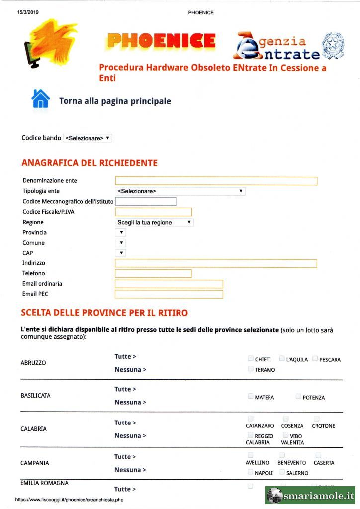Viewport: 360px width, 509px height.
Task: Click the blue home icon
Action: point(40,99)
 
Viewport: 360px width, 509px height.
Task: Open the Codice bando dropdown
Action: point(88,138)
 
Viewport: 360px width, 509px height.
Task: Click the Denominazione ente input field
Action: point(216,181)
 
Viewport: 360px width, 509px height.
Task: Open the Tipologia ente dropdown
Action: point(180,191)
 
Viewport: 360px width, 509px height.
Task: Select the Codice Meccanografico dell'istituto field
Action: point(146,201)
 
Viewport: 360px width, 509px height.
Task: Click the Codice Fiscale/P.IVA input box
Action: point(153,212)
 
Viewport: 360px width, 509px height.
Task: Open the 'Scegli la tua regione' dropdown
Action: point(154,222)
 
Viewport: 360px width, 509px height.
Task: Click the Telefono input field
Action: point(153,273)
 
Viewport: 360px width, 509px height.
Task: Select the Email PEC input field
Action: point(169,294)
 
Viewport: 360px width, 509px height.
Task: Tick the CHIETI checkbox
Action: point(250,358)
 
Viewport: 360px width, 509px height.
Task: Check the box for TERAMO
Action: point(250,369)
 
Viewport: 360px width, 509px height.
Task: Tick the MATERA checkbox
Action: point(250,396)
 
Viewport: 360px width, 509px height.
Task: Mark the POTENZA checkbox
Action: point(298,396)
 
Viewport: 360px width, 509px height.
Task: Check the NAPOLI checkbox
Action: point(250,472)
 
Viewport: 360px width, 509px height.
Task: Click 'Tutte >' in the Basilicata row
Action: point(125,389)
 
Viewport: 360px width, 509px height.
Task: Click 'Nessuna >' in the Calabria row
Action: point(130,436)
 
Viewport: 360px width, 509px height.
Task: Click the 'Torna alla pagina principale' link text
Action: point(115,101)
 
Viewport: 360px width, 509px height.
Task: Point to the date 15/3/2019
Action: point(28,12)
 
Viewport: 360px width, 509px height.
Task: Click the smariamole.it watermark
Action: point(310,496)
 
